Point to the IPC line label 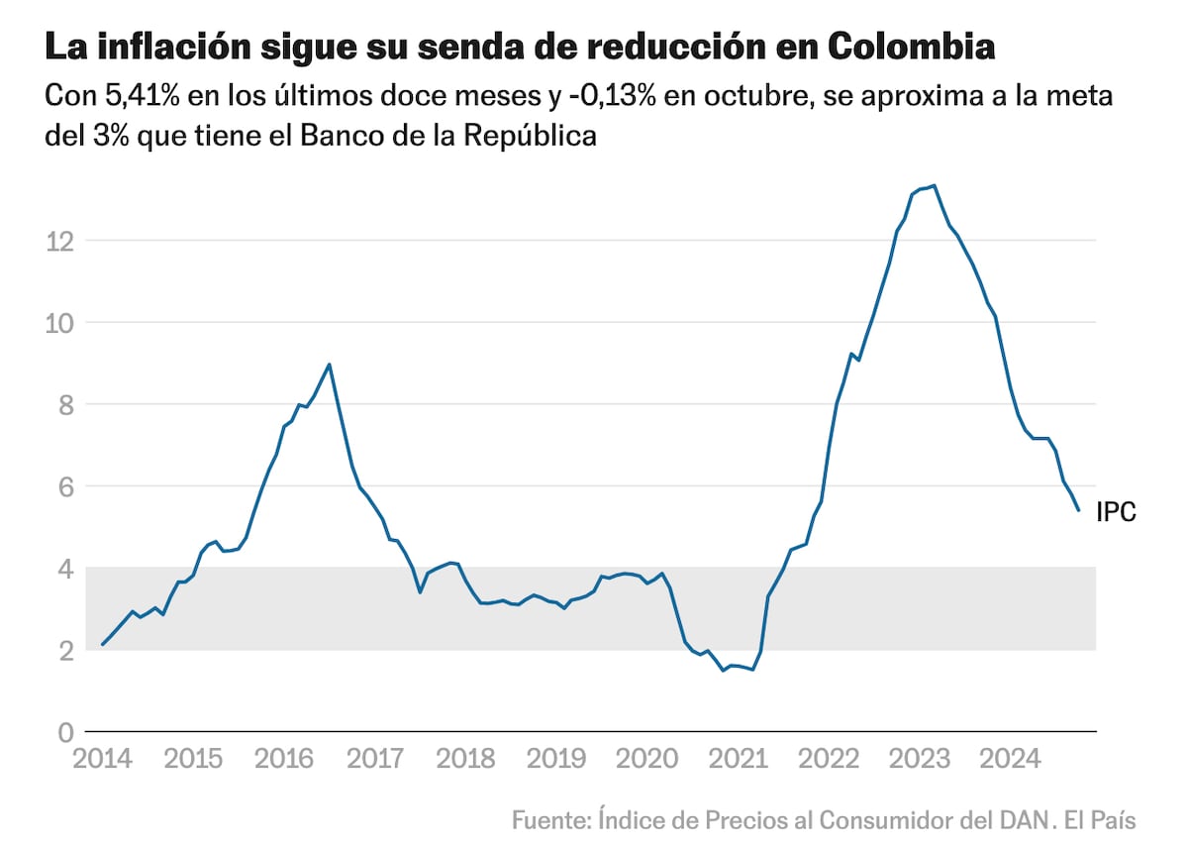pyautogui.click(x=1116, y=512)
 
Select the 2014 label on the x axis pyautogui.click(x=102, y=760)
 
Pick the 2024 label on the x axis pyautogui.click(x=1011, y=760)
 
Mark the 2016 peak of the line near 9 pyautogui.click(x=329, y=365)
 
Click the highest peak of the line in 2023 pyautogui.click(x=934, y=185)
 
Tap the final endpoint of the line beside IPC pyautogui.click(x=1078, y=510)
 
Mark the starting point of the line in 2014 pyautogui.click(x=103, y=645)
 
